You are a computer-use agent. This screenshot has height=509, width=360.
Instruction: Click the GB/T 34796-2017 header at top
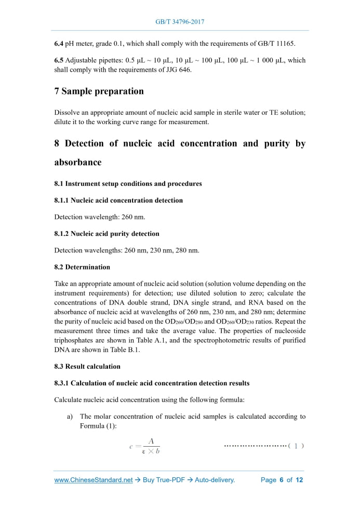click(x=180, y=22)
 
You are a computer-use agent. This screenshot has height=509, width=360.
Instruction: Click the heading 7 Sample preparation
click(x=99, y=91)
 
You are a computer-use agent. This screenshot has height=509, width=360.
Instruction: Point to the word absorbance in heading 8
click(x=78, y=162)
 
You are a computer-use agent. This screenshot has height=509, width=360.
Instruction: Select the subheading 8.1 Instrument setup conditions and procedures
click(x=128, y=183)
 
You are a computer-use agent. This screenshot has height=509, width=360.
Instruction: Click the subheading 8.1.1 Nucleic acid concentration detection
click(x=118, y=200)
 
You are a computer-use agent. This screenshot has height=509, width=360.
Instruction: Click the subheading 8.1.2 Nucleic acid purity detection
click(x=106, y=233)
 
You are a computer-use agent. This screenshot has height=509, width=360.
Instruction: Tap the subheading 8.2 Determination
click(x=82, y=267)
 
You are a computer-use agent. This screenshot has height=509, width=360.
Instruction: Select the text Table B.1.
click(x=124, y=350)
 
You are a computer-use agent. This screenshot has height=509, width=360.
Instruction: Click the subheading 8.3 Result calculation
click(x=87, y=366)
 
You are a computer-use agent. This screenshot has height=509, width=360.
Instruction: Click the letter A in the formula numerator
click(x=151, y=441)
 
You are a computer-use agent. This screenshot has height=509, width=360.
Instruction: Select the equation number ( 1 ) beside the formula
click(x=296, y=446)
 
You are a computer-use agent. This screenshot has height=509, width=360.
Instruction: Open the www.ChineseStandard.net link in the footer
click(x=94, y=480)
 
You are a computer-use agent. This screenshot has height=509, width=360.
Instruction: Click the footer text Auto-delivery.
click(x=215, y=480)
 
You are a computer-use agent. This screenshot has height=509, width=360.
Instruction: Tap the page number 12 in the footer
click(x=299, y=480)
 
